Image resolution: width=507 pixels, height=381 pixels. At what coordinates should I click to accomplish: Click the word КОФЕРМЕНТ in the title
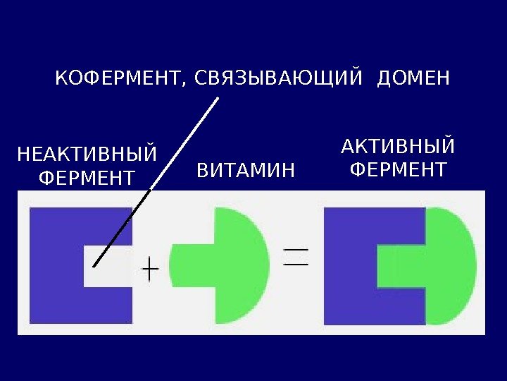pos(117,78)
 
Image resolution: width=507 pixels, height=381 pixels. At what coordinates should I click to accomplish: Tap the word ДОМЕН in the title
pos(413,78)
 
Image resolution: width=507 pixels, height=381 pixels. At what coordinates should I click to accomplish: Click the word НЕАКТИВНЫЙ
pos(86,153)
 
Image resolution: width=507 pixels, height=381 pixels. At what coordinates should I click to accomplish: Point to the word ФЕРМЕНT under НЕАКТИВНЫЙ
pos(86,177)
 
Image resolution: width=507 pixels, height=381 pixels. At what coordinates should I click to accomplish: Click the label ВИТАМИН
pos(244,170)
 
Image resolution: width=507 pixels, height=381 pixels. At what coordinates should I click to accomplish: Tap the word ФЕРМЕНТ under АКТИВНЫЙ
pos(398,170)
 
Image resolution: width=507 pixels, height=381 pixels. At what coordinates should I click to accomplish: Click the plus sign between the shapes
pos(151,268)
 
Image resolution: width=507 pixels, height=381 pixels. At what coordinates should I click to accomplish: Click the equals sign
pos(296,255)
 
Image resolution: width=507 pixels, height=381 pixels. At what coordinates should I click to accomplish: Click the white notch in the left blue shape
pos(109,267)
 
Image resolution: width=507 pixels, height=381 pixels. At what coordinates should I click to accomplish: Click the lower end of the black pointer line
pos(94,266)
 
